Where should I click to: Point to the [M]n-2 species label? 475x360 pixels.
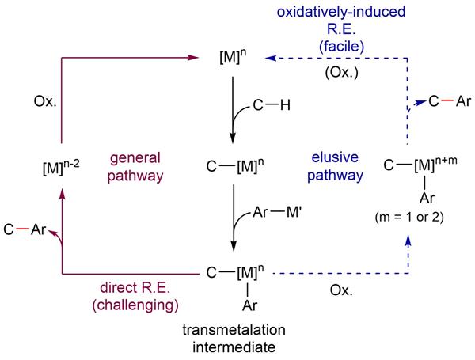[x=59, y=167]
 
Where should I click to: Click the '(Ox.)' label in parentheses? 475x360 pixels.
[x=339, y=77]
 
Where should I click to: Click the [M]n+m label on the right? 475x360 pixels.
[x=417, y=165]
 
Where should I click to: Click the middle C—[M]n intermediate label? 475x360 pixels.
[x=230, y=167]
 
